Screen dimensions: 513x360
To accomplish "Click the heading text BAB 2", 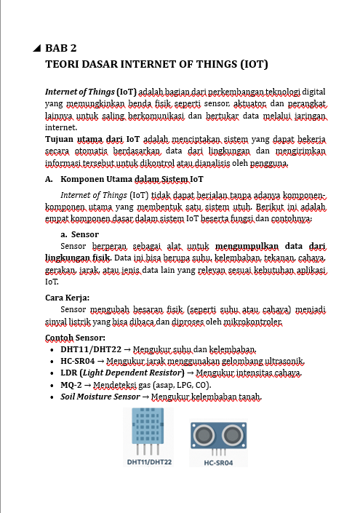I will pyautogui.click(x=61, y=49).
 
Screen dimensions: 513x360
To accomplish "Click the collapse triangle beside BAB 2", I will pyautogui.click(x=37, y=49).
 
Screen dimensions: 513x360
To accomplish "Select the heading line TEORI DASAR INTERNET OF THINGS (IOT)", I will pyautogui.click(x=157, y=64).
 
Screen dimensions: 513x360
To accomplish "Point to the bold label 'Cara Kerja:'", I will pyautogui.click(x=68, y=297).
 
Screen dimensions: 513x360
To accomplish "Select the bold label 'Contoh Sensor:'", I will pyautogui.click(x=75, y=338).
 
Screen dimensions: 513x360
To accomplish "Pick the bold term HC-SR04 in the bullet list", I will pyautogui.click(x=81, y=361).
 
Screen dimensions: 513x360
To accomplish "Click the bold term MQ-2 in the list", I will pyautogui.click(x=74, y=385).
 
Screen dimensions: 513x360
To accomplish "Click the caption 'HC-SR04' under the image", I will pyautogui.click(x=220, y=461).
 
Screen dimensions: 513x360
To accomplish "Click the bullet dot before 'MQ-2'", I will pyautogui.click(x=50, y=385).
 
